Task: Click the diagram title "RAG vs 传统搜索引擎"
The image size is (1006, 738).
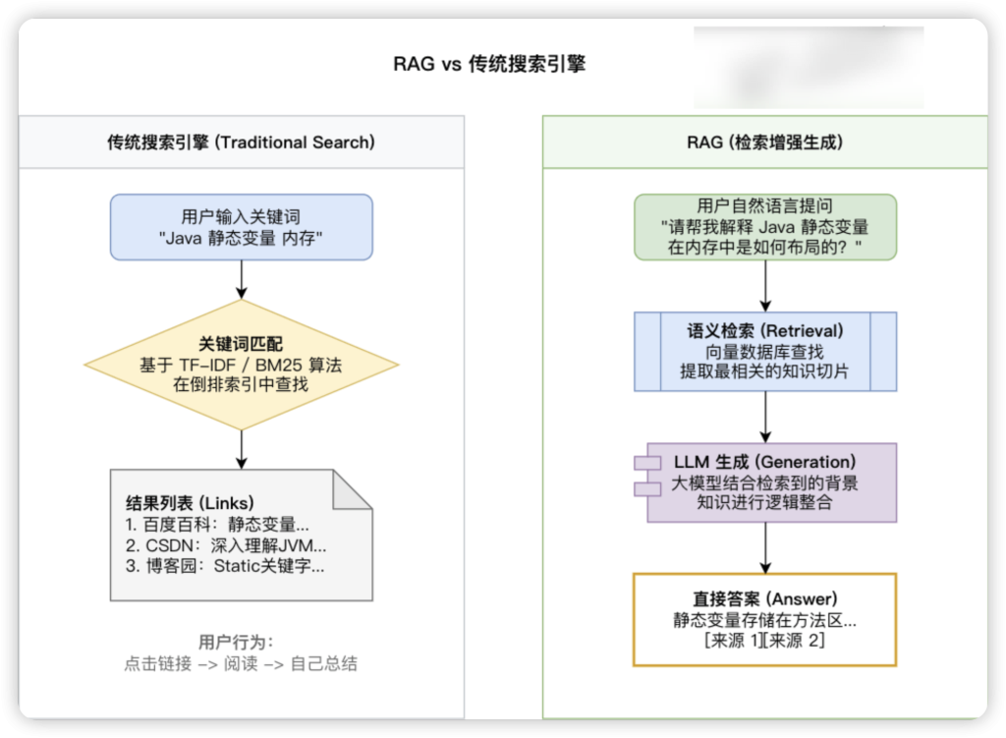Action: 489,65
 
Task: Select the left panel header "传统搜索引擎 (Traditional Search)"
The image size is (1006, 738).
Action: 241,142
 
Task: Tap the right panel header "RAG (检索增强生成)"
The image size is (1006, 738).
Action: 764,142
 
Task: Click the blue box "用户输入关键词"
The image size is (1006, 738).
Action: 241,227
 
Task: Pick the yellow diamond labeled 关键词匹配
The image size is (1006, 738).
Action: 241,365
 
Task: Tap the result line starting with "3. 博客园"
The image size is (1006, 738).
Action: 225,566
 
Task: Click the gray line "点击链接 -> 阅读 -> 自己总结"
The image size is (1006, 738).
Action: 241,664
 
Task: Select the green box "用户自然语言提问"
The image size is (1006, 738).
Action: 764,227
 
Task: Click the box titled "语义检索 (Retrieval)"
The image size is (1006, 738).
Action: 764,351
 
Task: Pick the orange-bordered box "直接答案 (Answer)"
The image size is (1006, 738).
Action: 764,619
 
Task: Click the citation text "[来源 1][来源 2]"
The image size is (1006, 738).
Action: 764,642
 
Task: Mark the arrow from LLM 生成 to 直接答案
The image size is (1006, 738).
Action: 765,546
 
